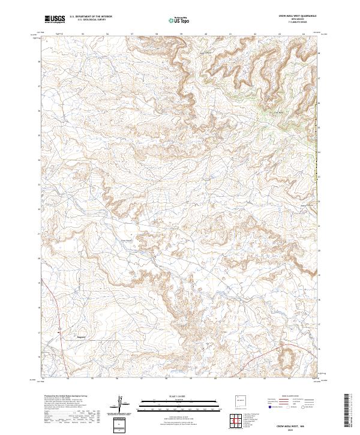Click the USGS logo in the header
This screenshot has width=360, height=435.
tap(55, 19)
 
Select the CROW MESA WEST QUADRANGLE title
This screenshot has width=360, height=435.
tap(294, 15)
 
